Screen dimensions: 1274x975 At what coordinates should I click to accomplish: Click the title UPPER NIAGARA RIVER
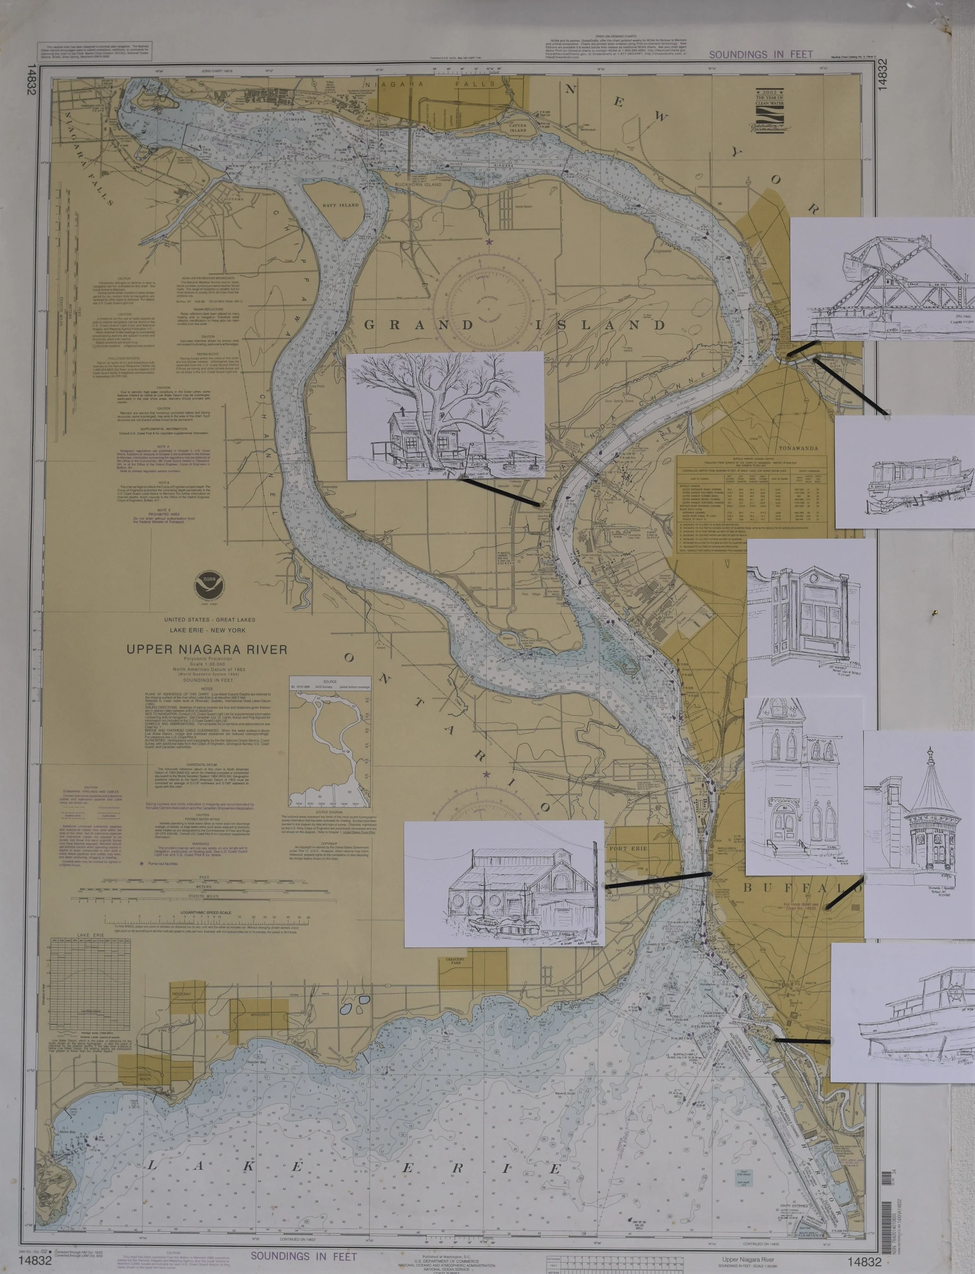pos(207,649)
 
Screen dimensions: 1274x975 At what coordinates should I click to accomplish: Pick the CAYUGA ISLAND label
pos(518,128)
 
